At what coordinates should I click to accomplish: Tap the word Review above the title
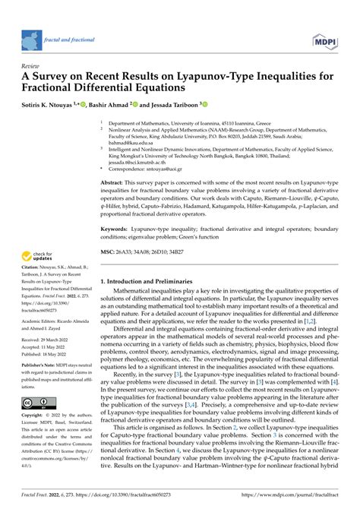tap(33, 66)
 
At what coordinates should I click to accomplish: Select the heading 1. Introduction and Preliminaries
tap(153, 282)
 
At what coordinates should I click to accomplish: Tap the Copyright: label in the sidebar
tap(37, 416)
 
